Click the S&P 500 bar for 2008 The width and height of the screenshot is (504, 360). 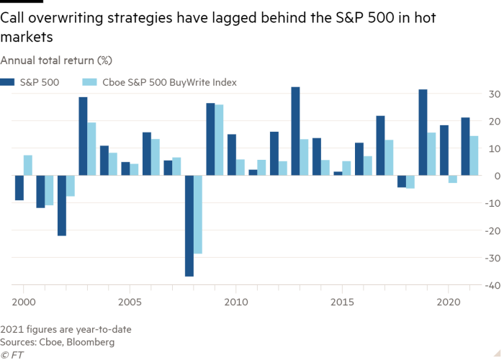tap(189, 226)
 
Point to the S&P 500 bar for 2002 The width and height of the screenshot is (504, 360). tap(62, 206)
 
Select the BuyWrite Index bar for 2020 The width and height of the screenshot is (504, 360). tap(453, 179)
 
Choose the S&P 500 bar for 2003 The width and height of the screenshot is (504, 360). tap(84, 136)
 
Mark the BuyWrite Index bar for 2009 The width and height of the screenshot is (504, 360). tap(219, 140)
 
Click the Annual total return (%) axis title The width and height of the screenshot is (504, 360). tap(45, 59)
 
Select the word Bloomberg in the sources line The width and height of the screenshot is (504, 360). tap(92, 342)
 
